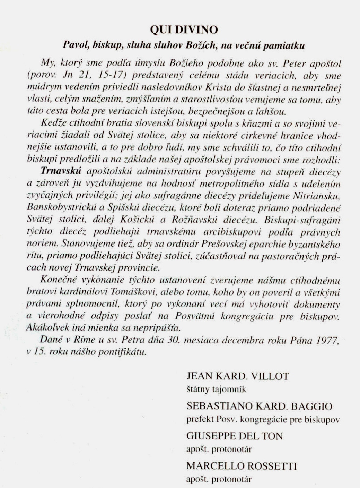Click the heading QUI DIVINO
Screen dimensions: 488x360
click(x=184, y=30)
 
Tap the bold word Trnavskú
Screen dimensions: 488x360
click(x=61, y=171)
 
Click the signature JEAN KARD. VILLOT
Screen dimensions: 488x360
click(x=238, y=376)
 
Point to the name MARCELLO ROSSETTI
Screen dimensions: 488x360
click(x=242, y=466)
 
